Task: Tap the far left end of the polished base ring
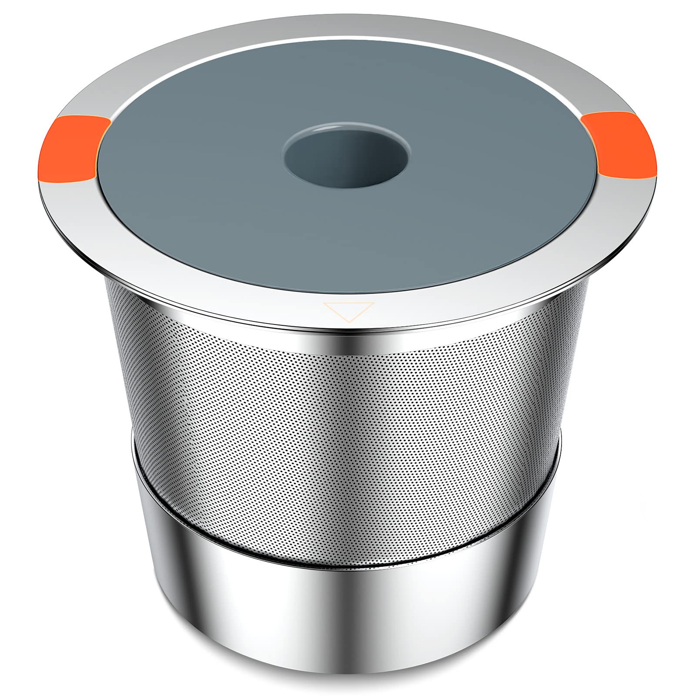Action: (136, 544)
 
